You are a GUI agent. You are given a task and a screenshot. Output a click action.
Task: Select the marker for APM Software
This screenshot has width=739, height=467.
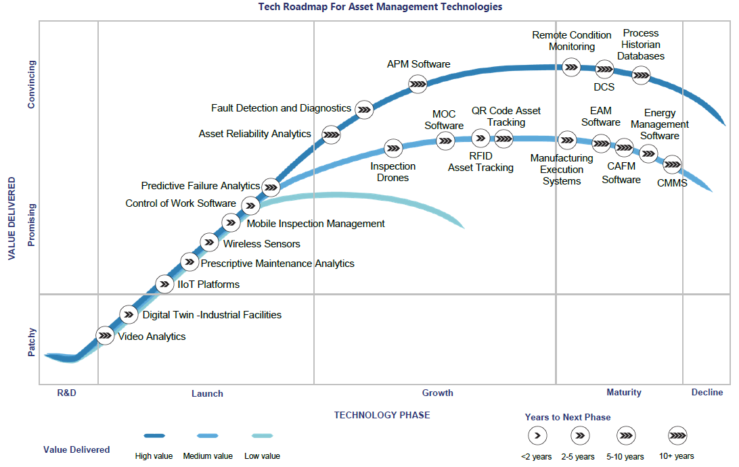tap(418, 84)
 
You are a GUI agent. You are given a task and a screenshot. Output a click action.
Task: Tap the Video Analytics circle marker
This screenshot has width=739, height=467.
tap(105, 335)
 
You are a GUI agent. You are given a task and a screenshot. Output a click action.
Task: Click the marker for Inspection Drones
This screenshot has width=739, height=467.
tap(393, 148)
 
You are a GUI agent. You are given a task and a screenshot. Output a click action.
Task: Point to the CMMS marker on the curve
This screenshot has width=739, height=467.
tap(672, 164)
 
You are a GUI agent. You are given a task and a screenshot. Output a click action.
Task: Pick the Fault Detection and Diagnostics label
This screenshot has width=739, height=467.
tap(281, 108)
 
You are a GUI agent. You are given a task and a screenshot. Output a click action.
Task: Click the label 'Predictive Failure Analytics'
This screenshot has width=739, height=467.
tap(200, 186)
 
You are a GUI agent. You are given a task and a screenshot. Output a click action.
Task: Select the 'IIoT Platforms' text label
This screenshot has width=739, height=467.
tap(208, 285)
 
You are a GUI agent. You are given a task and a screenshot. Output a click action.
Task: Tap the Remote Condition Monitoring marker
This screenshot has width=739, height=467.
tap(572, 66)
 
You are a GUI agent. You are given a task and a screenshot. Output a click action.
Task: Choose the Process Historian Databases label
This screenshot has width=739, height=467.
tap(640, 45)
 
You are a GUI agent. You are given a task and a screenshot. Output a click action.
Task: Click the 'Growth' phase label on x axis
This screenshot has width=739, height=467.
tap(438, 393)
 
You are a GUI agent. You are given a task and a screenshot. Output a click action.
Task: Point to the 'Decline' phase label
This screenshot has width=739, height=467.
tap(707, 392)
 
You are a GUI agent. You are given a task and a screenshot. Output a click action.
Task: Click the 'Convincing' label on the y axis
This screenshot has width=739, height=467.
tap(31, 84)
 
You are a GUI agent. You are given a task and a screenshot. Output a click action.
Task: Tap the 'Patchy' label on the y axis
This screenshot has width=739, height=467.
tap(31, 343)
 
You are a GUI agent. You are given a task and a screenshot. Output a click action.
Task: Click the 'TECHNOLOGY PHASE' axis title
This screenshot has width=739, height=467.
tap(382, 415)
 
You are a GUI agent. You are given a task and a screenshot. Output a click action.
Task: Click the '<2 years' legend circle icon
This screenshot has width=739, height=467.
tap(537, 435)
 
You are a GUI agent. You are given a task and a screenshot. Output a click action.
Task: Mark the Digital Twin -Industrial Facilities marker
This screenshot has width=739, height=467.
tap(129, 314)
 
